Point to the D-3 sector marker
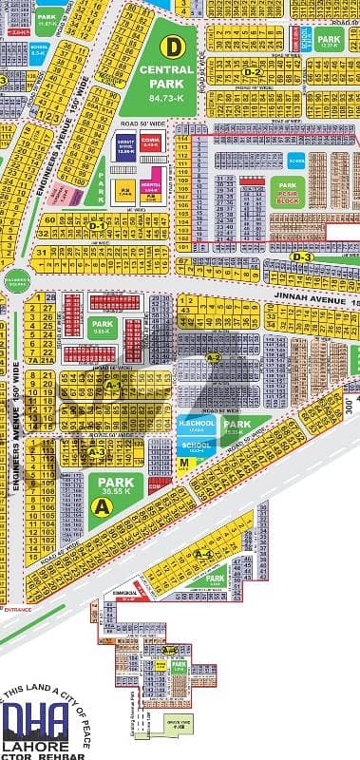pos(301,256)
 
